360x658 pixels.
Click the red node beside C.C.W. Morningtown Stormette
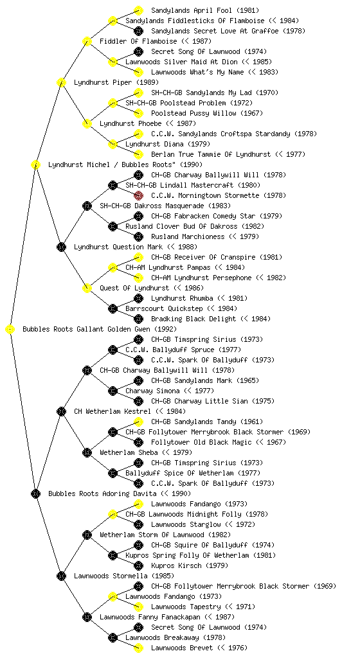click(138, 195)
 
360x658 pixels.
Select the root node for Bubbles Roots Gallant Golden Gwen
click(10, 329)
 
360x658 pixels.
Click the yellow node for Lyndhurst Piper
click(61, 82)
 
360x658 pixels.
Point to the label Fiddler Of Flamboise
click(138, 41)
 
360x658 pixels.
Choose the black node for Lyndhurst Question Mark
click(61, 247)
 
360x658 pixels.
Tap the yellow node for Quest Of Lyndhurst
click(87, 288)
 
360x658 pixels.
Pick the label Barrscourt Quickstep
click(164, 308)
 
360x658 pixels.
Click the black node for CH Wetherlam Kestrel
click(61, 411)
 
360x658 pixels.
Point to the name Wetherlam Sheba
click(129, 452)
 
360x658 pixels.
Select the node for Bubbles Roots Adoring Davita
click(35, 493)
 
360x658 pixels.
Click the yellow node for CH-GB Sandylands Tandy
click(138, 422)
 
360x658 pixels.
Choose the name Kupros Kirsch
click(176, 565)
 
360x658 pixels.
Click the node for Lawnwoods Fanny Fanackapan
click(87, 617)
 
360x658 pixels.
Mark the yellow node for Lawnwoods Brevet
click(138, 648)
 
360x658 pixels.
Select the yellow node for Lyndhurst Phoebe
click(87, 123)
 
